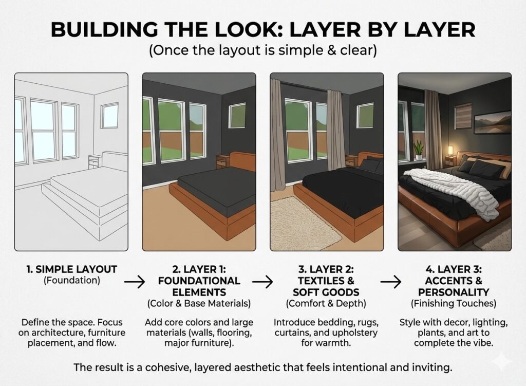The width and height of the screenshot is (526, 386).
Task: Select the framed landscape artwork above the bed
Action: click(x=492, y=122)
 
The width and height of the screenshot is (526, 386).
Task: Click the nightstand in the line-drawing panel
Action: click(x=95, y=162)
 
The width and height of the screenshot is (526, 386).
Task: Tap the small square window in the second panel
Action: click(x=237, y=115)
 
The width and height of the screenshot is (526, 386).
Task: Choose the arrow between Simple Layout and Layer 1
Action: click(x=134, y=281)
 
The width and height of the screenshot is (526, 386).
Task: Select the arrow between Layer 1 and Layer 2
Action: click(x=262, y=281)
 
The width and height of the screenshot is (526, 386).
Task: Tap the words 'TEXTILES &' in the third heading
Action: click(x=326, y=281)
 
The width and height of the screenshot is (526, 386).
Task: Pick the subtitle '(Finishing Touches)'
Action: click(x=454, y=304)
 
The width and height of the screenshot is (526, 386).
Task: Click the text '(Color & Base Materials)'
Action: click(x=198, y=304)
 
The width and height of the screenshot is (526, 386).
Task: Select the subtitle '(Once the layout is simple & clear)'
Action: click(x=262, y=51)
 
